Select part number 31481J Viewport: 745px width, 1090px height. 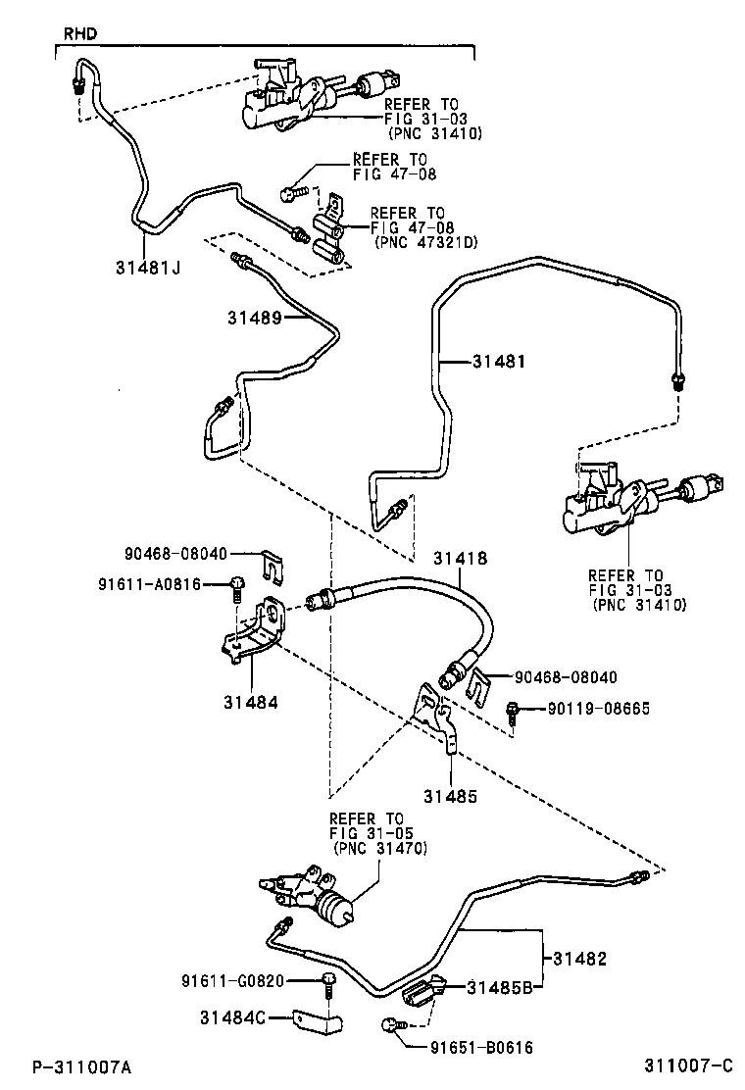point(145,267)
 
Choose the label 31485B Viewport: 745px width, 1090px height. point(499,987)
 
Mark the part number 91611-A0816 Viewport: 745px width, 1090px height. point(149,584)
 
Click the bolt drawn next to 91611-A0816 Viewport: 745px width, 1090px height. point(237,587)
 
